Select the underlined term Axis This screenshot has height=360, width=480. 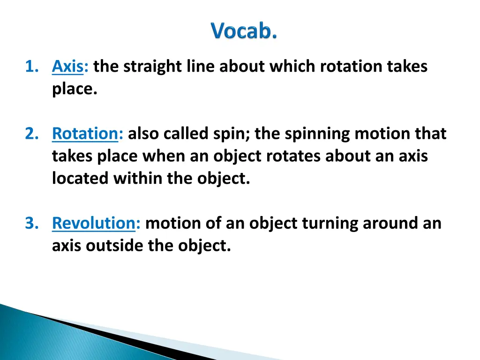pos(67,67)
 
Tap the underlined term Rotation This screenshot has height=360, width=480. pos(85,134)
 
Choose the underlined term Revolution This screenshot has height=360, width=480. pos(93,223)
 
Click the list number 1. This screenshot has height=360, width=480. pos(31,67)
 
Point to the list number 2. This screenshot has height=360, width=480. pos(31,134)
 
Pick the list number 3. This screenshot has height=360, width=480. pos(31,223)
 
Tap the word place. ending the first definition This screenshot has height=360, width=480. pos(75,89)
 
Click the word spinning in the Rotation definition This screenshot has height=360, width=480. pos(317,134)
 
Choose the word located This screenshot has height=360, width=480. pos(80,179)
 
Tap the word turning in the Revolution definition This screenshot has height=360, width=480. pos(330,223)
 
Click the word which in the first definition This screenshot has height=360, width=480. pos(292,67)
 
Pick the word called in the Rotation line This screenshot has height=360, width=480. pos(186,134)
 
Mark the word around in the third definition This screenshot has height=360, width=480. pos(392,223)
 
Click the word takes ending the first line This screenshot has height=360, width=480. pos(407,67)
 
